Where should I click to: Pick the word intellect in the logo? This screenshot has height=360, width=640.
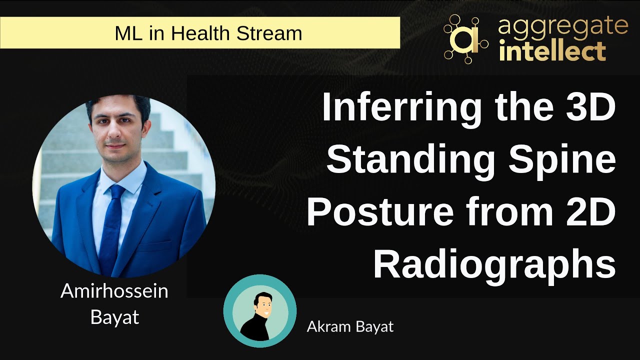pyautogui.click(x=552, y=51)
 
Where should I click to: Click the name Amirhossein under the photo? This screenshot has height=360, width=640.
pyautogui.click(x=114, y=291)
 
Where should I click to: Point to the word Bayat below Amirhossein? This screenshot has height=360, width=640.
pyautogui.click(x=114, y=316)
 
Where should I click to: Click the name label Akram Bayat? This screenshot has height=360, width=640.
pyautogui.click(x=350, y=327)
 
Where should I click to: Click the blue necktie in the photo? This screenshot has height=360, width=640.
pyautogui.click(x=111, y=225)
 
